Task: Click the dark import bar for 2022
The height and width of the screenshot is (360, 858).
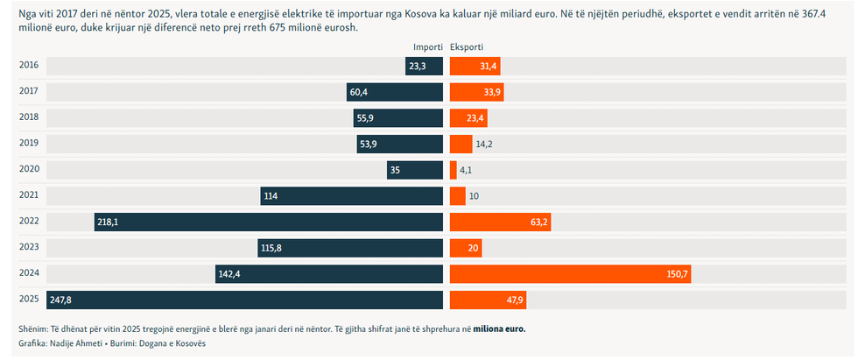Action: pyautogui.click(x=269, y=222)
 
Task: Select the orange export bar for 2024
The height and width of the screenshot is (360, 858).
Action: pyautogui.click(x=570, y=274)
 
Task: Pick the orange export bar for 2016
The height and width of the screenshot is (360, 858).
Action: pyautogui.click(x=475, y=66)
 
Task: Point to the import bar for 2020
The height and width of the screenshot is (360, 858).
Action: pyautogui.click(x=415, y=170)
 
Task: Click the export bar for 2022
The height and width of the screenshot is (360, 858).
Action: pyautogui.click(x=501, y=222)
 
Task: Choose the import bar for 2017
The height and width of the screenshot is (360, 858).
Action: pyautogui.click(x=395, y=92)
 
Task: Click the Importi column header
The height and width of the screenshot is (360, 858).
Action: pyautogui.click(x=428, y=46)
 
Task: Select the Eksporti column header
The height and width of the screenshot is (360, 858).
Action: pyautogui.click(x=466, y=46)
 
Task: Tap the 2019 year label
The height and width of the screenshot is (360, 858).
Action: pyautogui.click(x=28, y=144)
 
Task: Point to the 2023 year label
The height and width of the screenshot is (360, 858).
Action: pyautogui.click(x=28, y=248)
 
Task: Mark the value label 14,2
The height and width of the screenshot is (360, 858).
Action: pyautogui.click(x=485, y=145)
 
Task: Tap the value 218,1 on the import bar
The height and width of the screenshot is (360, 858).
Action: pyautogui.click(x=109, y=222)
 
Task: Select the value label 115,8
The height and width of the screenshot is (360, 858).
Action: pyautogui.click(x=272, y=249)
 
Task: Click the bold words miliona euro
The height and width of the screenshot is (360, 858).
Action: pyautogui.click(x=500, y=329)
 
